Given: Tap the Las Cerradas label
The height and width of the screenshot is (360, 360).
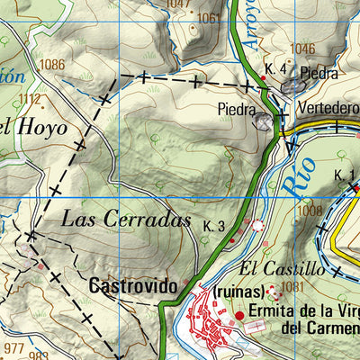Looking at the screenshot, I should [126, 219].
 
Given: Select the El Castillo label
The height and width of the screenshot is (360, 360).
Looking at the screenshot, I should [282, 268].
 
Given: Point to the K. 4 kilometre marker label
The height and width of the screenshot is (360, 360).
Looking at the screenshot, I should [275, 69].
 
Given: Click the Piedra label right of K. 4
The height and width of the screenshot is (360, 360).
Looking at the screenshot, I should [319, 74].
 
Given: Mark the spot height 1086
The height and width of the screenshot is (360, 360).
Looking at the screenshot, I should [52, 65].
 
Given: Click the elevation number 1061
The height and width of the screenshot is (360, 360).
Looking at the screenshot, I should [209, 17].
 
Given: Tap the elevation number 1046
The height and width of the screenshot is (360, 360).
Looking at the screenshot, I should [303, 48].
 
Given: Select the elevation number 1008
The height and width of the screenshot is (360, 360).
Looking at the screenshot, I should [309, 210].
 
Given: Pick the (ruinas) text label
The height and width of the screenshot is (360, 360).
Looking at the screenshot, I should [239, 292].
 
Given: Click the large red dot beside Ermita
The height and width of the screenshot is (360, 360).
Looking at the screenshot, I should [239, 315].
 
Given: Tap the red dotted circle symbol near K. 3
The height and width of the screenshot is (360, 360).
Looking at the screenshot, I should [259, 225].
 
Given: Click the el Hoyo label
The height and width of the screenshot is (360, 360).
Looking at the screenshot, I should [32, 127].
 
